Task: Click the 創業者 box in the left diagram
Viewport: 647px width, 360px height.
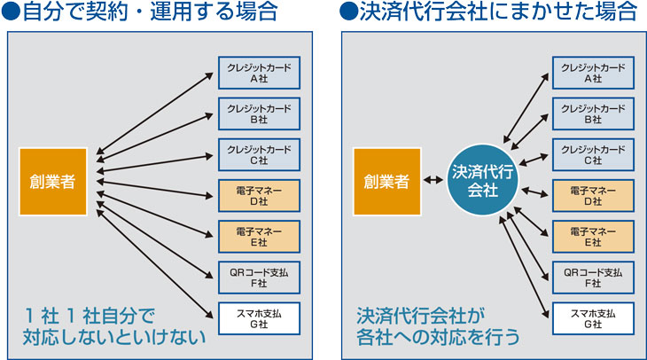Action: [53, 181]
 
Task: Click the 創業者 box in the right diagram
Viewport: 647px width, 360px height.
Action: [386, 181]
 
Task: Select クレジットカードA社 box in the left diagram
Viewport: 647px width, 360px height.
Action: [259, 73]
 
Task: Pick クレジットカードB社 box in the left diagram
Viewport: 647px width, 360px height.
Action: [259, 113]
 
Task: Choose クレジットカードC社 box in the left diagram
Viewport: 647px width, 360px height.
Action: [259, 154]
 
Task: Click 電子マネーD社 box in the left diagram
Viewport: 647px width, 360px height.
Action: [259, 195]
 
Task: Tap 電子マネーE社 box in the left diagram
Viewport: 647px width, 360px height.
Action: [259, 236]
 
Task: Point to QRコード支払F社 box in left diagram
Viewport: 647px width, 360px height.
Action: [259, 277]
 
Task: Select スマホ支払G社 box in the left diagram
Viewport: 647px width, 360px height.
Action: [259, 317]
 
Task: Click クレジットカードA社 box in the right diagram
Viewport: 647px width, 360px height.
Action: [593, 73]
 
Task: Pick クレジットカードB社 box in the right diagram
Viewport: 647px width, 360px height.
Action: [593, 113]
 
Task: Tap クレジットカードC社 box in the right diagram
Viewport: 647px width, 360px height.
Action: [593, 154]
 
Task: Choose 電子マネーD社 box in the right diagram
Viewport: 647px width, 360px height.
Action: [593, 195]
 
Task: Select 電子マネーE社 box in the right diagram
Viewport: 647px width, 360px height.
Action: [593, 236]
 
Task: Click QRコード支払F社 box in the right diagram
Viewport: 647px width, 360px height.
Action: [593, 277]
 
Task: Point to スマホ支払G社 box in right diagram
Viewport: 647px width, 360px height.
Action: [593, 317]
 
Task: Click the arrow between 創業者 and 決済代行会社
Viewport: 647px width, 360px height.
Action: [434, 181]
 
